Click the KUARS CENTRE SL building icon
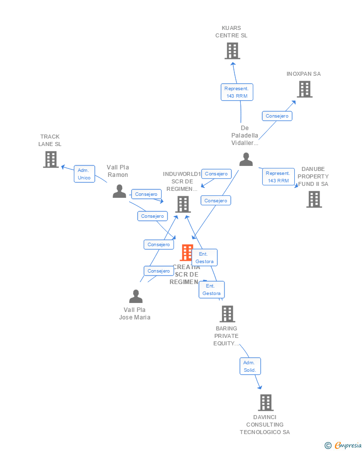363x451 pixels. click(x=232, y=51)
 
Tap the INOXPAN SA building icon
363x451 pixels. click(x=304, y=89)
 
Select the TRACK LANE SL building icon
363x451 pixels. click(x=50, y=159)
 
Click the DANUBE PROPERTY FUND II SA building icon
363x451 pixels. click(x=314, y=199)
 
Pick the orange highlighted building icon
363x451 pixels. click(x=186, y=253)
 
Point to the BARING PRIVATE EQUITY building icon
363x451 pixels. click(x=227, y=314)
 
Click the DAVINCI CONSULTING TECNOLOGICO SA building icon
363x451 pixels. click(x=265, y=403)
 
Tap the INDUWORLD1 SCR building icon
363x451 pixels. click(x=183, y=204)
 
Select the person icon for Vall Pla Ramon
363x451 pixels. click(x=119, y=191)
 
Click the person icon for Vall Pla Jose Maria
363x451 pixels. click(x=136, y=297)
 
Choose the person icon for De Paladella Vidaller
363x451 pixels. click(x=246, y=159)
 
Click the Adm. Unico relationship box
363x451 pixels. click(x=84, y=174)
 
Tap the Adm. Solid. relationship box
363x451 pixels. click(x=249, y=366)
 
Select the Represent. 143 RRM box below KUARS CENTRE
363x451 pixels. click(x=237, y=92)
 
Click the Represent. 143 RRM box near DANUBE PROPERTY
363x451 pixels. click(x=278, y=177)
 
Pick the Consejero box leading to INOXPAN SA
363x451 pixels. click(x=277, y=116)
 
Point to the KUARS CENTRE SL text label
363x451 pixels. click(x=231, y=32)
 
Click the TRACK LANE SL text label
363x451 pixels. click(x=50, y=140)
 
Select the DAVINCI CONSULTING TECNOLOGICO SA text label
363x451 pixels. click(x=265, y=425)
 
